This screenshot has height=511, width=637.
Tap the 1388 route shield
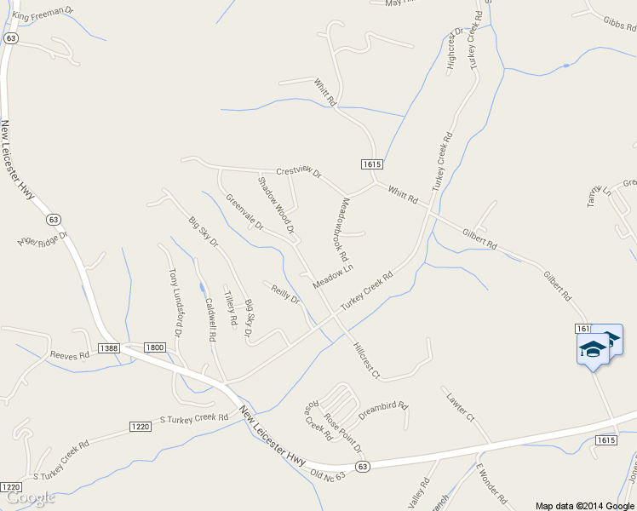click(x=108, y=347)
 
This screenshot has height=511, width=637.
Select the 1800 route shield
click(x=154, y=347)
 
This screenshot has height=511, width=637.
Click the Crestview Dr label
click(x=298, y=172)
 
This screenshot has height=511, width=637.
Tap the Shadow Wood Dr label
click(x=276, y=205)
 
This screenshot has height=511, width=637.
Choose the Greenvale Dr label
click(x=244, y=213)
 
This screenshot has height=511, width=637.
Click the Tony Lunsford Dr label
click(x=175, y=298)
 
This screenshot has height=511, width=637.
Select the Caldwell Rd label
click(x=209, y=319)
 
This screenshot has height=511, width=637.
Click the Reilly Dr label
click(x=285, y=294)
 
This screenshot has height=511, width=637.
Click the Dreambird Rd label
click(x=383, y=411)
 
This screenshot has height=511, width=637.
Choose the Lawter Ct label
click(x=457, y=402)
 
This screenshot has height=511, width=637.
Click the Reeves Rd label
click(x=70, y=355)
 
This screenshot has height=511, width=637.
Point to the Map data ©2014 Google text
click(x=584, y=505)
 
